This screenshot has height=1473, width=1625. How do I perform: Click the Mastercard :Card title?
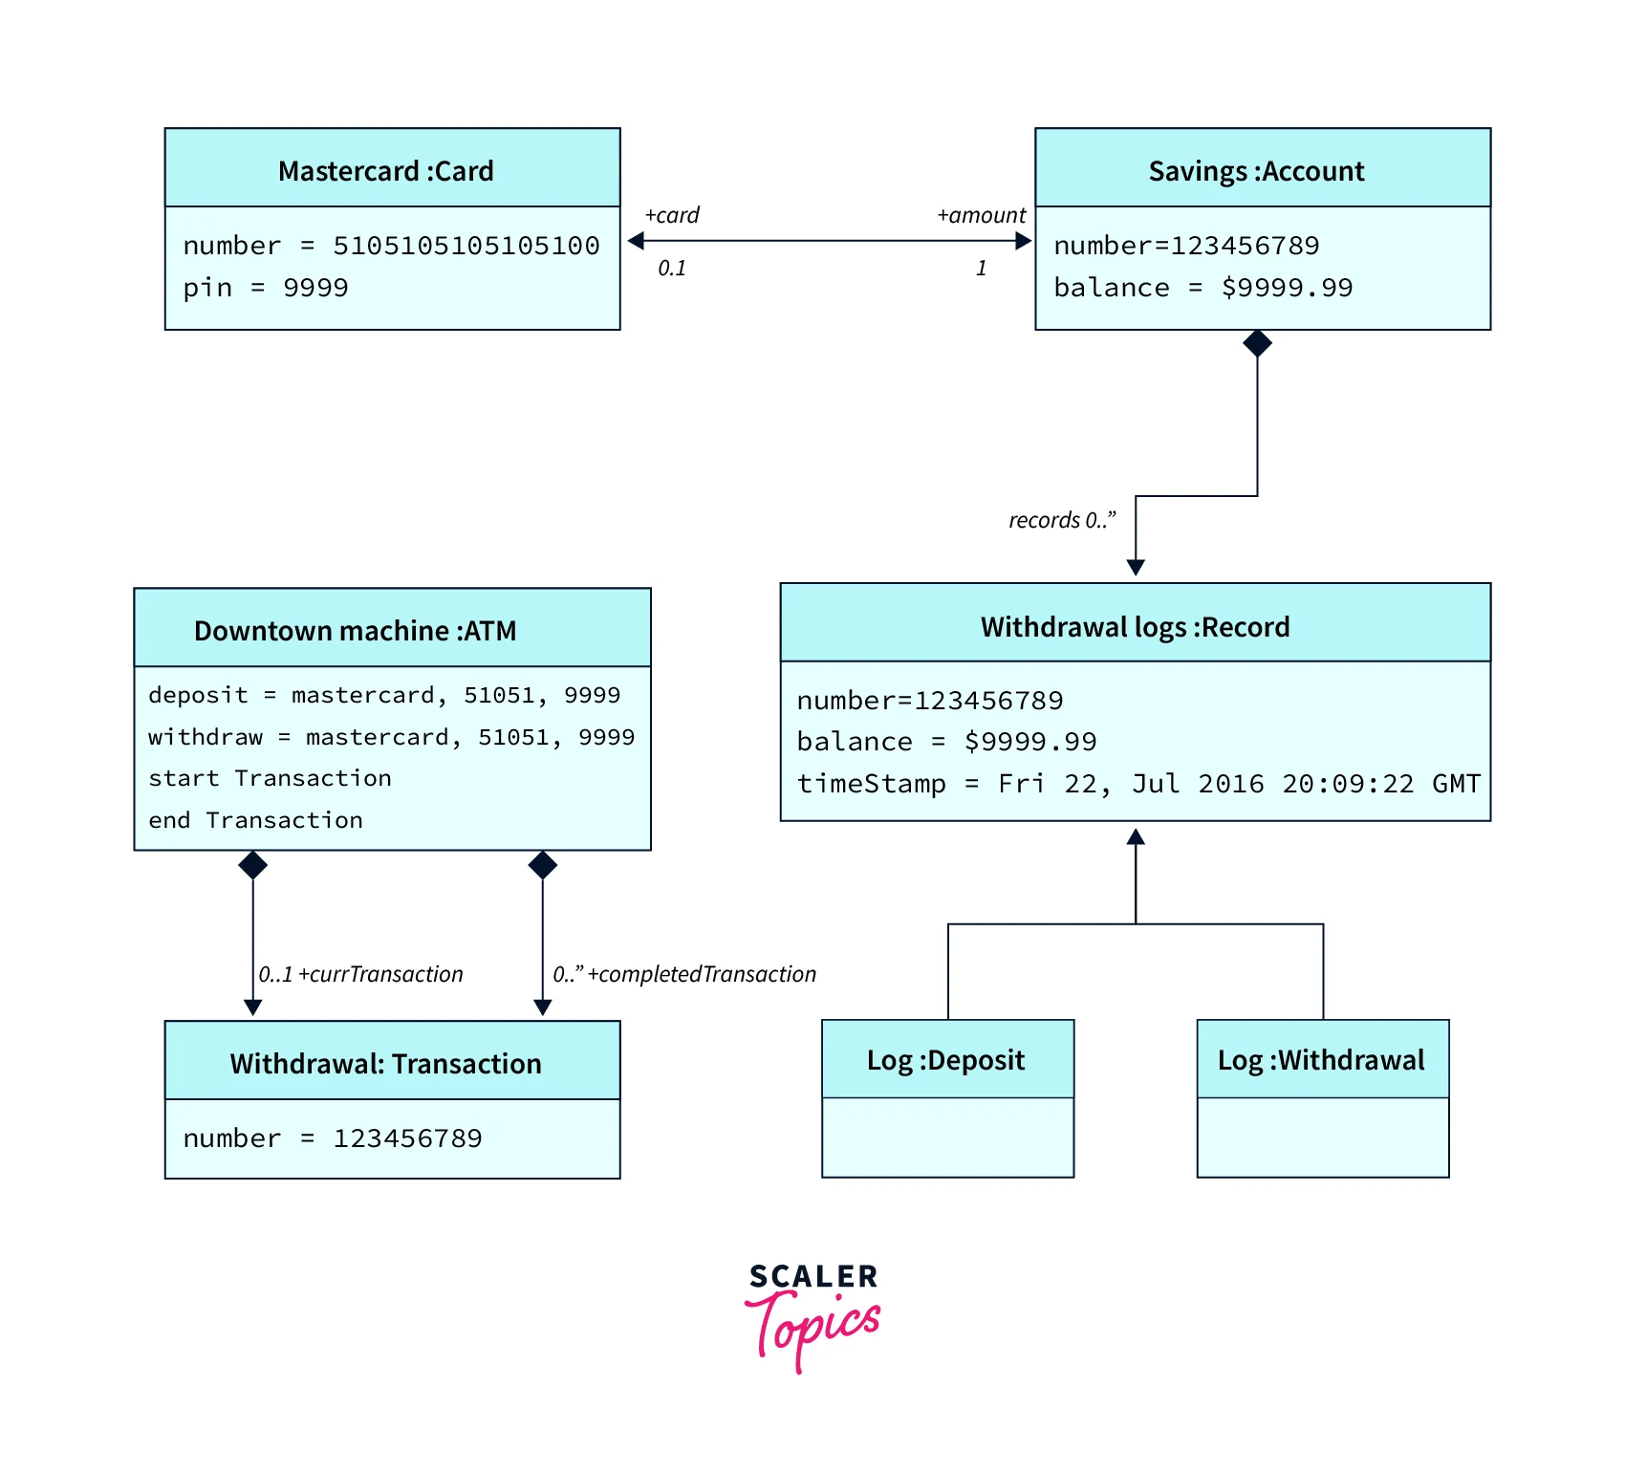(385, 171)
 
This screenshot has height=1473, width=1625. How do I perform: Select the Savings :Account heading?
(1256, 171)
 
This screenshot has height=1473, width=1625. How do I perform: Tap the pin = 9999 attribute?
(266, 288)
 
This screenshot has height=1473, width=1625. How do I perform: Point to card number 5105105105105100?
(466, 246)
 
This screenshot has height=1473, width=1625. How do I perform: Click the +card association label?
(672, 215)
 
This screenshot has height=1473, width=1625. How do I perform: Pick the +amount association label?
(981, 215)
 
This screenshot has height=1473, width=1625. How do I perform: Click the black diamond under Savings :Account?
(1257, 343)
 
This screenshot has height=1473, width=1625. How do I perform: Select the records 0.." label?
(1062, 520)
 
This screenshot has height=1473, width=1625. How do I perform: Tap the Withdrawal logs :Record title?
(1135, 627)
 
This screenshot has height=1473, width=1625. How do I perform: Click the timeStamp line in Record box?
(1137, 784)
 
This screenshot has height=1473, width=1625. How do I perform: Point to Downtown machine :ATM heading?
(355, 631)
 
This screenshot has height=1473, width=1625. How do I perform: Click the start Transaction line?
(270, 778)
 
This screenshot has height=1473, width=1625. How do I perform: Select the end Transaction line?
(255, 820)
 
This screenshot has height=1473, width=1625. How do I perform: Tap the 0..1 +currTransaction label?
(360, 974)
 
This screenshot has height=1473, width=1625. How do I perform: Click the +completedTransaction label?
(701, 974)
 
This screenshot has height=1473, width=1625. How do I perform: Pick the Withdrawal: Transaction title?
(385, 1064)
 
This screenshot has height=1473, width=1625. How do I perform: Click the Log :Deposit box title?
(945, 1060)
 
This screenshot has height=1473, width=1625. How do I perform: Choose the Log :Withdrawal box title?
(1321, 1060)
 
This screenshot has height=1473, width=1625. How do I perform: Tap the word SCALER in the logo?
(812, 1277)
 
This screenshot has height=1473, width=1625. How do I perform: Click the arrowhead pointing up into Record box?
(1136, 837)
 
